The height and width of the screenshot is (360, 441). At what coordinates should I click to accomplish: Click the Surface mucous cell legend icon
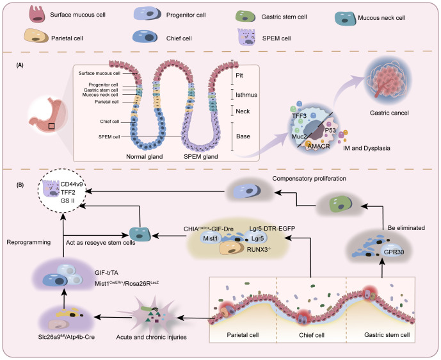point(37,14)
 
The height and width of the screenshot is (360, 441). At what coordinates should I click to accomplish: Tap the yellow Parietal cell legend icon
point(36,36)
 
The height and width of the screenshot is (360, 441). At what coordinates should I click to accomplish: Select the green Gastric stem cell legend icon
point(245,16)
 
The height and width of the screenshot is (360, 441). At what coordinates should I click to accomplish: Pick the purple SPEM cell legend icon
point(246,37)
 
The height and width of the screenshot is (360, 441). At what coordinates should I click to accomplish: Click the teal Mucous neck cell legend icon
point(345,19)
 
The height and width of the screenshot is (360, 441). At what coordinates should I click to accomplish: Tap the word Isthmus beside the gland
point(246,95)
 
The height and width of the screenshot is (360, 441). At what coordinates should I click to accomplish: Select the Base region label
point(243,136)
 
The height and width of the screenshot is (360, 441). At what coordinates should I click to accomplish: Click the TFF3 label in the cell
point(299,116)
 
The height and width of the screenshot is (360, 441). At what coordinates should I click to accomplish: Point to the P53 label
point(330,130)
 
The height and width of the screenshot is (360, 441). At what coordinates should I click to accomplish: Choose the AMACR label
point(318,146)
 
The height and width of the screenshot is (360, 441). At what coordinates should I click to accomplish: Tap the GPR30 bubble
point(394,252)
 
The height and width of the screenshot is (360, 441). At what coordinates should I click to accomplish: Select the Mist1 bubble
point(211,239)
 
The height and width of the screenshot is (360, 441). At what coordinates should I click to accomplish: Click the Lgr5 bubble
point(257,238)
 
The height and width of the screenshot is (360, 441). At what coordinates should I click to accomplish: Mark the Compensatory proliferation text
point(309,179)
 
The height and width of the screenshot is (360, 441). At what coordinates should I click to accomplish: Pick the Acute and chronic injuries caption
point(151,337)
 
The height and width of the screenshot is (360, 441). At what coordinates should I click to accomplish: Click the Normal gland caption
point(144,156)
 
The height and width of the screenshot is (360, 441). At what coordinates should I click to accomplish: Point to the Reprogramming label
point(29,242)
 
